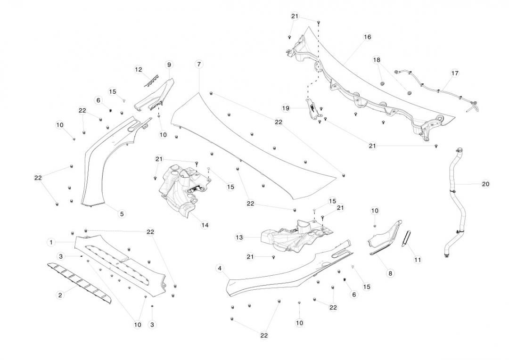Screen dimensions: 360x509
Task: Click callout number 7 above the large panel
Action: (x=199, y=64)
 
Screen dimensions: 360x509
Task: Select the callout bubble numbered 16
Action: (x=368, y=37)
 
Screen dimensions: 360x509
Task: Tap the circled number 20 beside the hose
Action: (x=485, y=184)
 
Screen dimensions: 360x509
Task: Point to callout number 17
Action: (x=454, y=73)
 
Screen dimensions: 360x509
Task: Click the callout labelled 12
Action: (x=138, y=70)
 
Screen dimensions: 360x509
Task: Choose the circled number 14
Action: (x=205, y=225)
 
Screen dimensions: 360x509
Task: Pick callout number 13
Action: (x=239, y=237)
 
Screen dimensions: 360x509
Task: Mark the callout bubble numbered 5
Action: (x=122, y=213)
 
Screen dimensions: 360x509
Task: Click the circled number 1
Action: (x=50, y=242)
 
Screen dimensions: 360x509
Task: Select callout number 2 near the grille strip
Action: (x=60, y=295)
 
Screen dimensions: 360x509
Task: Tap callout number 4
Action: (x=219, y=268)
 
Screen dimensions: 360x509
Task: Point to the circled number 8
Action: (x=390, y=273)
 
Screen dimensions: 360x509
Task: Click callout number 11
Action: (x=418, y=260)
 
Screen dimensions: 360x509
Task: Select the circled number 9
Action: (x=169, y=65)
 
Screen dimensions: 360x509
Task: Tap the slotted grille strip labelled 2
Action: (x=80, y=281)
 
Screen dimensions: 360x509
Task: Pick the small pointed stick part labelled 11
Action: (x=407, y=238)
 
